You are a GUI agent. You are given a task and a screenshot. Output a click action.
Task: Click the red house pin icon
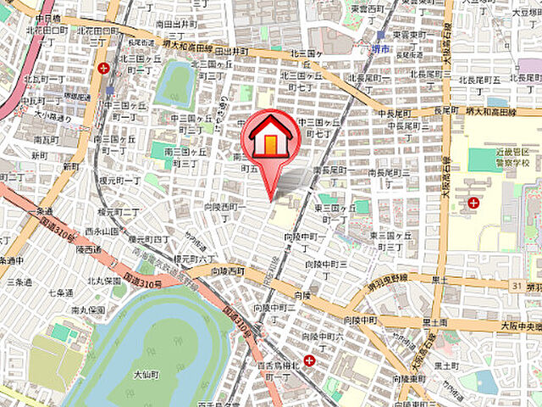(x=269, y=137)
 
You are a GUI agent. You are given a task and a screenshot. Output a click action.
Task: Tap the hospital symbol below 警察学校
(x=473, y=203)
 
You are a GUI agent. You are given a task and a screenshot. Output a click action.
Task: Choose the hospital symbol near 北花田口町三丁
(x=103, y=68)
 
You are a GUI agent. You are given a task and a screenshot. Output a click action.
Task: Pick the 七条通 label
(x=59, y=293)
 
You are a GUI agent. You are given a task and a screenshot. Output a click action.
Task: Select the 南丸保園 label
(x=87, y=310)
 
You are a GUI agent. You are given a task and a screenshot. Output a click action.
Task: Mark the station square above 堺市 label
(x=381, y=36)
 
